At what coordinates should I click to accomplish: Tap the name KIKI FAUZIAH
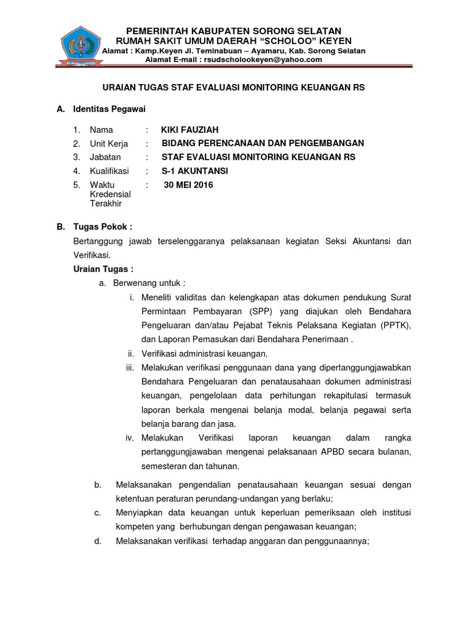[x=190, y=130]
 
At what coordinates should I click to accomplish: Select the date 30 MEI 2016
[x=189, y=186]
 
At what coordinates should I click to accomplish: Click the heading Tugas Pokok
[x=102, y=226]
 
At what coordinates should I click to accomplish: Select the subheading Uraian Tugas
[x=103, y=269]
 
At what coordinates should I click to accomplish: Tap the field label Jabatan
[x=105, y=157]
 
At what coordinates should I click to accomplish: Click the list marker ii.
[x=130, y=353]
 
